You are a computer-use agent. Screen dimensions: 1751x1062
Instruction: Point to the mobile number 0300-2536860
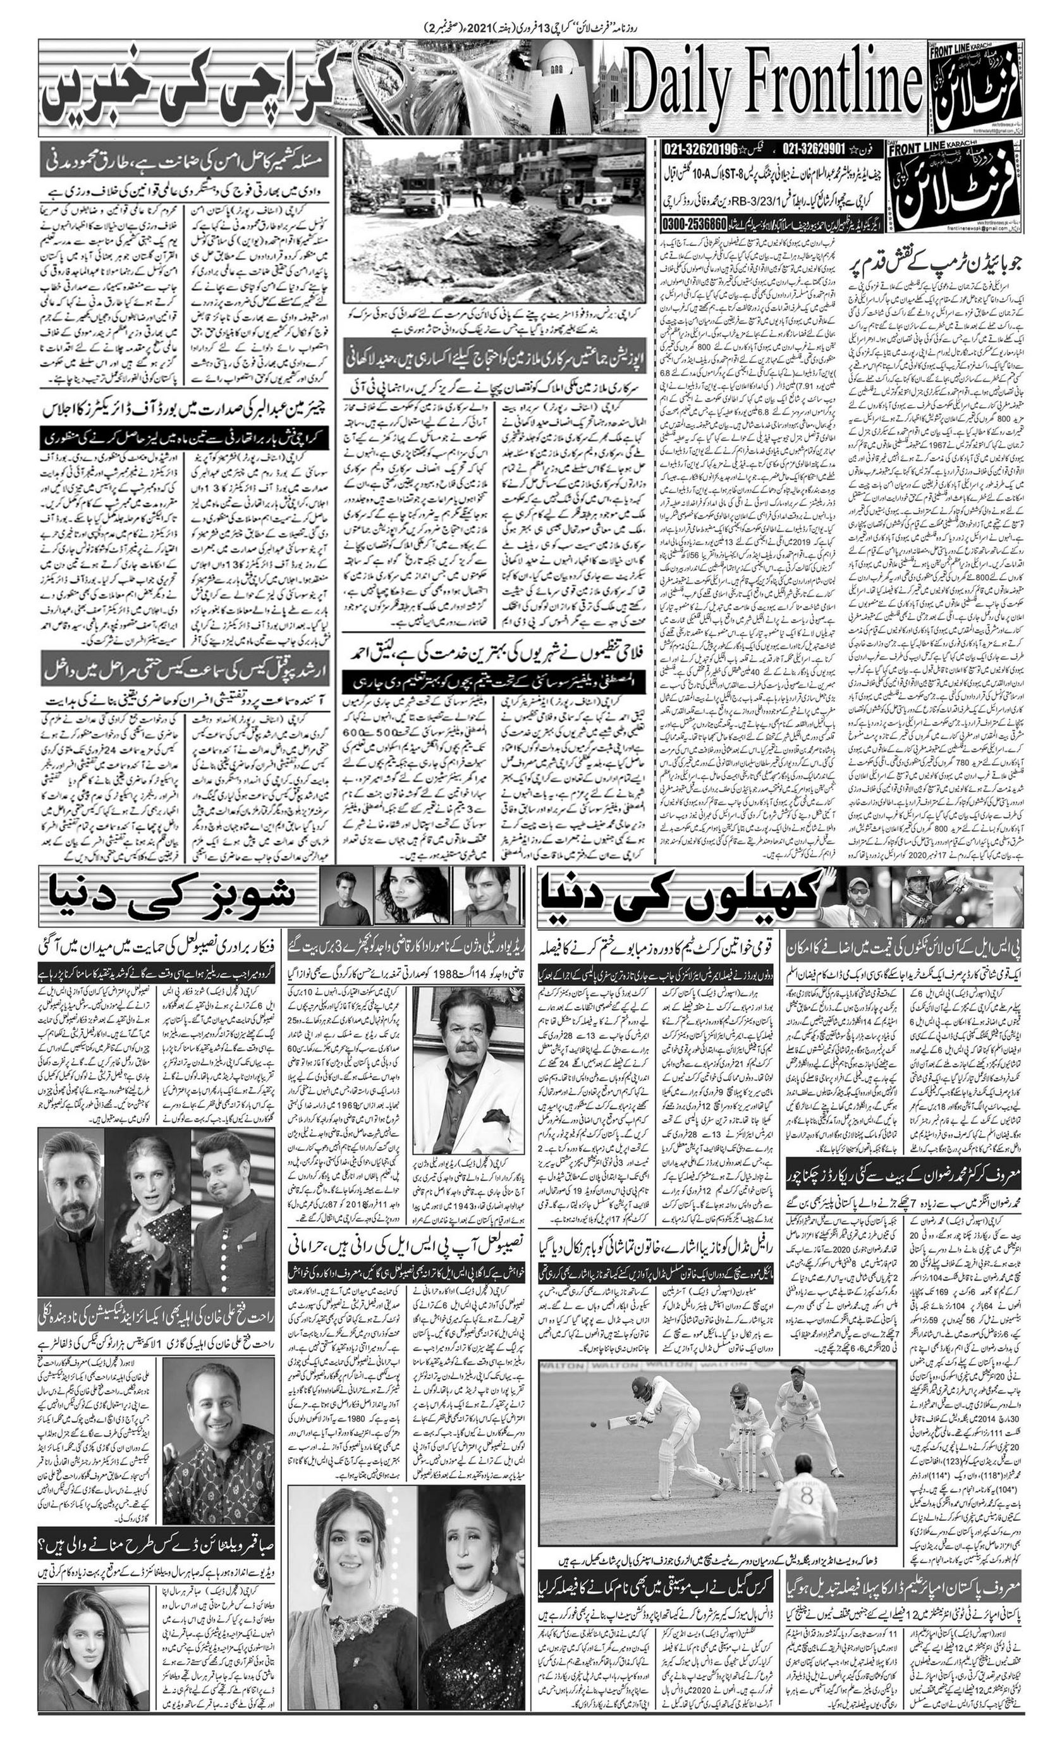695,223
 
